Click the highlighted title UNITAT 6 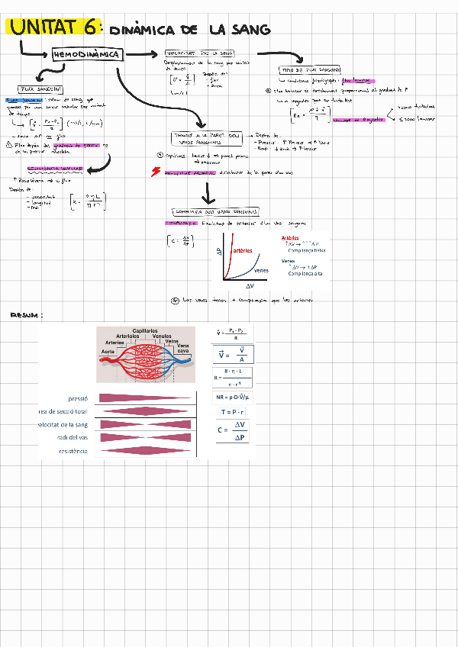coord(53,27)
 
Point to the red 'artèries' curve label coord(247,251)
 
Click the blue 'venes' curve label coord(261,270)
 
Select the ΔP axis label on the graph coord(220,253)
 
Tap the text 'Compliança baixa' coord(306,250)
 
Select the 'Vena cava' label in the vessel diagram coord(182,348)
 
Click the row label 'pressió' coord(79,398)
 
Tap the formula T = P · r coord(232,412)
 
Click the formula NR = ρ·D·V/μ coord(232,397)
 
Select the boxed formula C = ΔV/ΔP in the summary coord(234,431)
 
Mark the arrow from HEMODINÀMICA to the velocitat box coord(143,55)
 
